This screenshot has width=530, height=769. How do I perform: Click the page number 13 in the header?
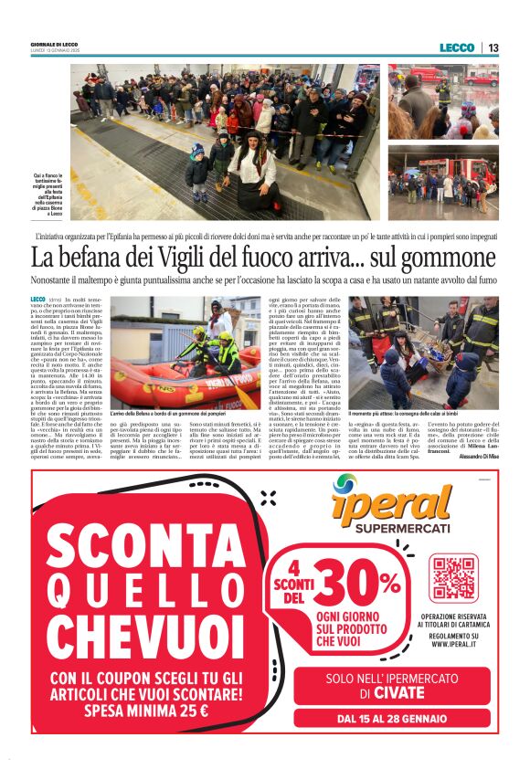coord(493,47)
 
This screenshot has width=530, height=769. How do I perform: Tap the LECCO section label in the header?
coord(456,47)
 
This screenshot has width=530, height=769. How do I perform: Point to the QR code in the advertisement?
coord(454,576)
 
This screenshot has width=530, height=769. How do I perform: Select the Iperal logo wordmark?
coord(393,504)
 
